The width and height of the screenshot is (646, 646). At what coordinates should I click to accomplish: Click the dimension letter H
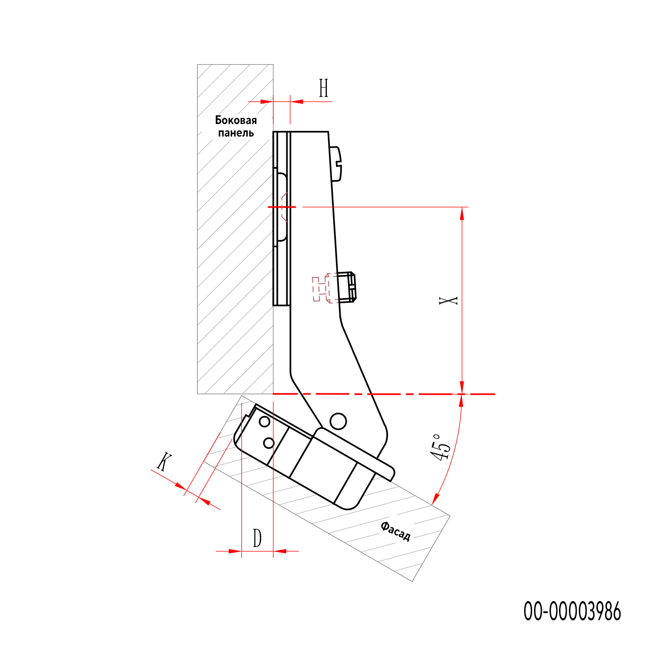(x=324, y=88)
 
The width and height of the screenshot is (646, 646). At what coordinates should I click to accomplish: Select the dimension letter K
(x=164, y=462)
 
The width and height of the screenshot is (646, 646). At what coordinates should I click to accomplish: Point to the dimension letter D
(x=257, y=538)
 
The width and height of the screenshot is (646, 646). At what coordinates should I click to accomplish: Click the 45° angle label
(x=441, y=447)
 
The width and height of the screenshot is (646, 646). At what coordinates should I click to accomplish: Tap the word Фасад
(x=395, y=531)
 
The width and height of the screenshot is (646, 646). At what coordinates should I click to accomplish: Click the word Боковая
(x=236, y=120)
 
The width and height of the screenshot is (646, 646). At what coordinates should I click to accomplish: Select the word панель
(x=236, y=133)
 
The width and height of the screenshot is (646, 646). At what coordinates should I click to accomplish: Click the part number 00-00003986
(x=572, y=612)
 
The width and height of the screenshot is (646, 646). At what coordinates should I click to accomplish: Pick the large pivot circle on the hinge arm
(x=338, y=421)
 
